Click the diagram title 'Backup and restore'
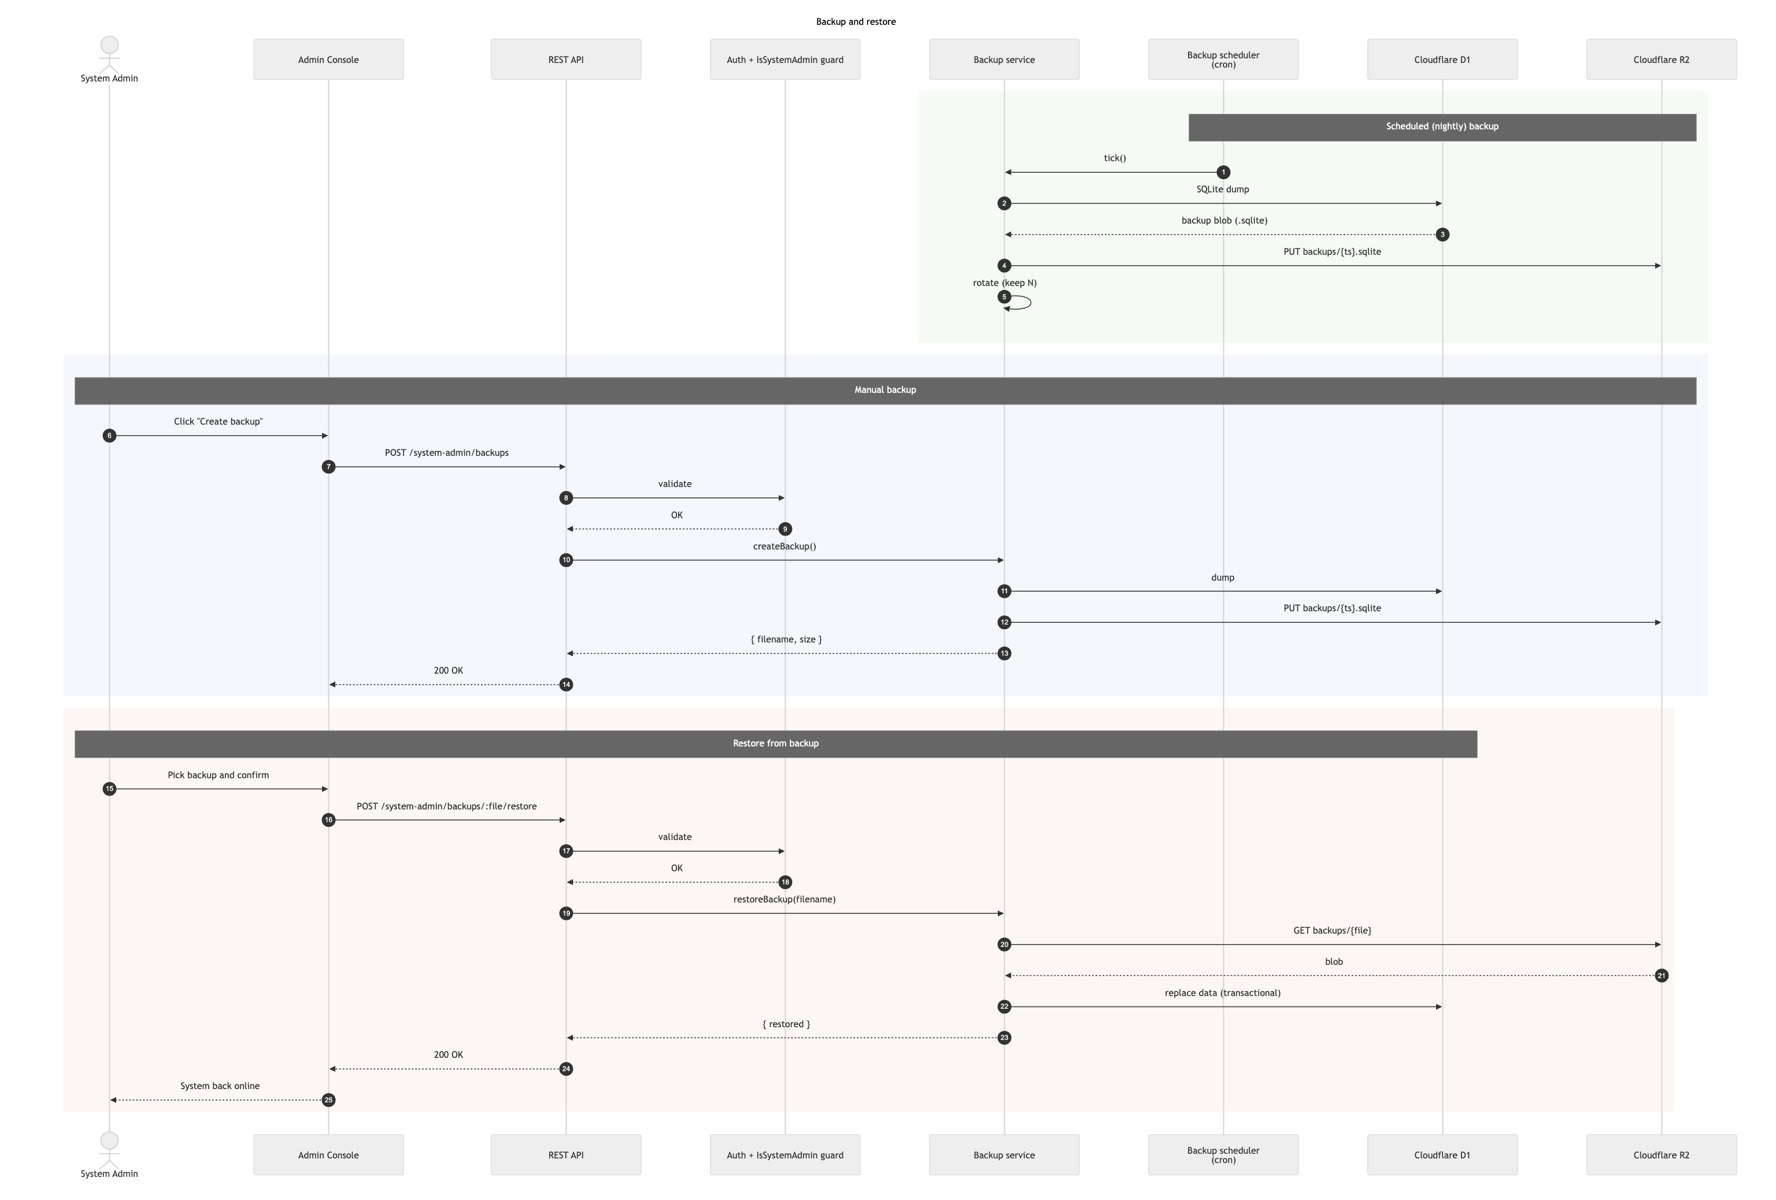(856, 21)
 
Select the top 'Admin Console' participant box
(328, 60)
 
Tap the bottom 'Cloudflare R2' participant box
(1662, 1155)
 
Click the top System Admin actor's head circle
(109, 45)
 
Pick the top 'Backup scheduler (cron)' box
(1223, 60)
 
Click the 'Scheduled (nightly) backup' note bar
(1442, 127)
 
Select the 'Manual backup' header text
(885, 389)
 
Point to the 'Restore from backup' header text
(776, 743)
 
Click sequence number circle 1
(1223, 173)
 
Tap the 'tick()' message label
(1115, 158)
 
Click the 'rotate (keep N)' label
(1004, 283)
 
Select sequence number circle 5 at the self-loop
(1004, 297)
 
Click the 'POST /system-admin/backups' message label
(446, 453)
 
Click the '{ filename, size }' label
(786, 640)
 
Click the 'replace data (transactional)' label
(1222, 993)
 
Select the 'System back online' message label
(220, 1086)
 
